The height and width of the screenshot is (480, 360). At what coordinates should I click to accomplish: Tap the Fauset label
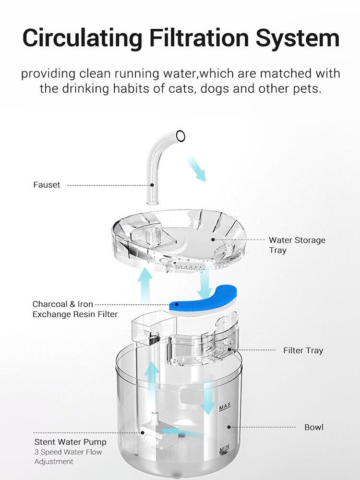pos(47,185)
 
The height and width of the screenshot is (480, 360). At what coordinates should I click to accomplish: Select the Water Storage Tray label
pos(297,245)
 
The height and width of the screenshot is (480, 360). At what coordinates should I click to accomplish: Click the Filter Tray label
pos(303,350)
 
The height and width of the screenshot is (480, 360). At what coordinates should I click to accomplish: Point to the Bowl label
pos(314,427)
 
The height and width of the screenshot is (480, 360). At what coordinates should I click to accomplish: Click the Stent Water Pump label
pos(71,442)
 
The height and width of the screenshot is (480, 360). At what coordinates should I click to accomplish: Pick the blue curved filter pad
pos(203,300)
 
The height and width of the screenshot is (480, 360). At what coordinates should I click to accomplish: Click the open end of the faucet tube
pos(180,136)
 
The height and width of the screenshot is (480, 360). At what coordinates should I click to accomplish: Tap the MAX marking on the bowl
pos(225,407)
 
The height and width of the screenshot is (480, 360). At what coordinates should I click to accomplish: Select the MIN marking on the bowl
pos(224,449)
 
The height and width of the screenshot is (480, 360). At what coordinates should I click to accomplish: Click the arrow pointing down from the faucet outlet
pos(196,168)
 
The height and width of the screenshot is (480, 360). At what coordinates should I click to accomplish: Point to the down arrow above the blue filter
pos(204,285)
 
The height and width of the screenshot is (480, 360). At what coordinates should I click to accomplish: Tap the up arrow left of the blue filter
pos(145,286)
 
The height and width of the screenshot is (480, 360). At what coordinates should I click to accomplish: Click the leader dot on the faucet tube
pos(152,185)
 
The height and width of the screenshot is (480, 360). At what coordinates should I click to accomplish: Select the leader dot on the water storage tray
pos(213,240)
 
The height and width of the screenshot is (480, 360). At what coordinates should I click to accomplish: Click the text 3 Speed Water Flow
pos(68,452)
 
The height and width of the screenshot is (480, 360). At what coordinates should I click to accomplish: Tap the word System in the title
pos(298,38)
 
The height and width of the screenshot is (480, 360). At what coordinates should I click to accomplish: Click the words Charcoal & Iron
pos(63,304)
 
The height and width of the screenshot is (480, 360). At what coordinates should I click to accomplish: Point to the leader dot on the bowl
pos(228,427)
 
